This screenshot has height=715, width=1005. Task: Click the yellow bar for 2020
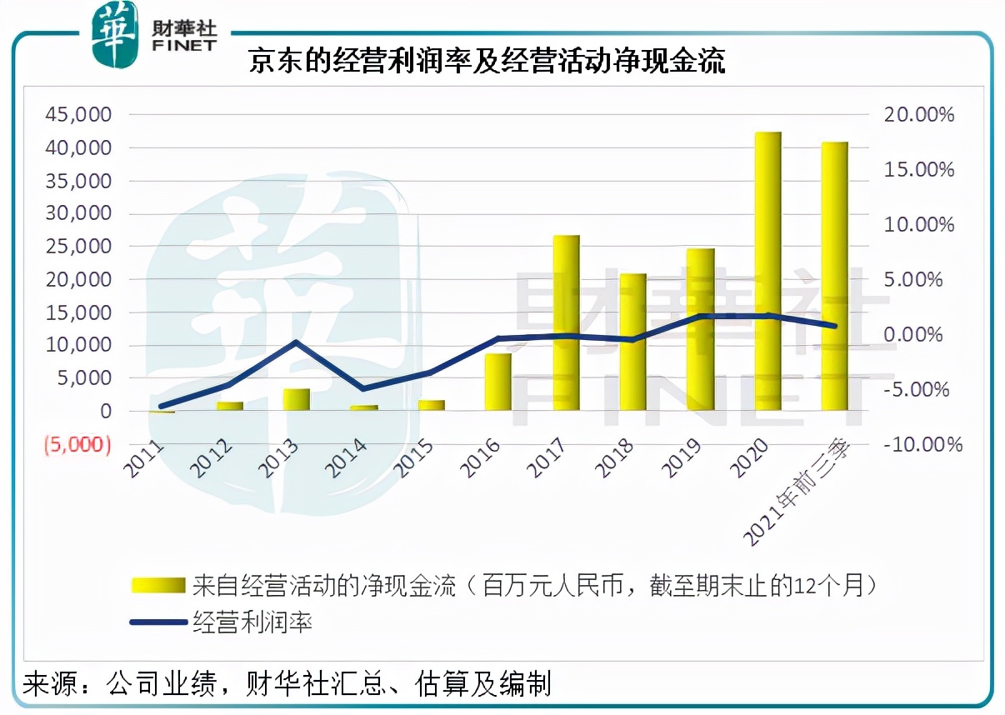tap(767, 271)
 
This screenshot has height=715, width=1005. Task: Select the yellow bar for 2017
tap(567, 322)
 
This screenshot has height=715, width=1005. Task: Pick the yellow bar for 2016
tap(498, 382)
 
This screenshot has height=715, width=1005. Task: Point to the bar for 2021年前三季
tap(834, 276)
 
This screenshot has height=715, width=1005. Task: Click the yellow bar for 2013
tap(297, 399)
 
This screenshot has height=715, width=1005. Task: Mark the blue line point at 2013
tap(297, 342)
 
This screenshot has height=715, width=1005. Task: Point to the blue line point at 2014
tap(363, 389)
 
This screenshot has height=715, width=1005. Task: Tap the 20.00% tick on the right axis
tap(918, 115)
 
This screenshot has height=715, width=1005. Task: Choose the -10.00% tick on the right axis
tap(923, 444)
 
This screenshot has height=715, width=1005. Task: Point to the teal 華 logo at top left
tap(114, 34)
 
